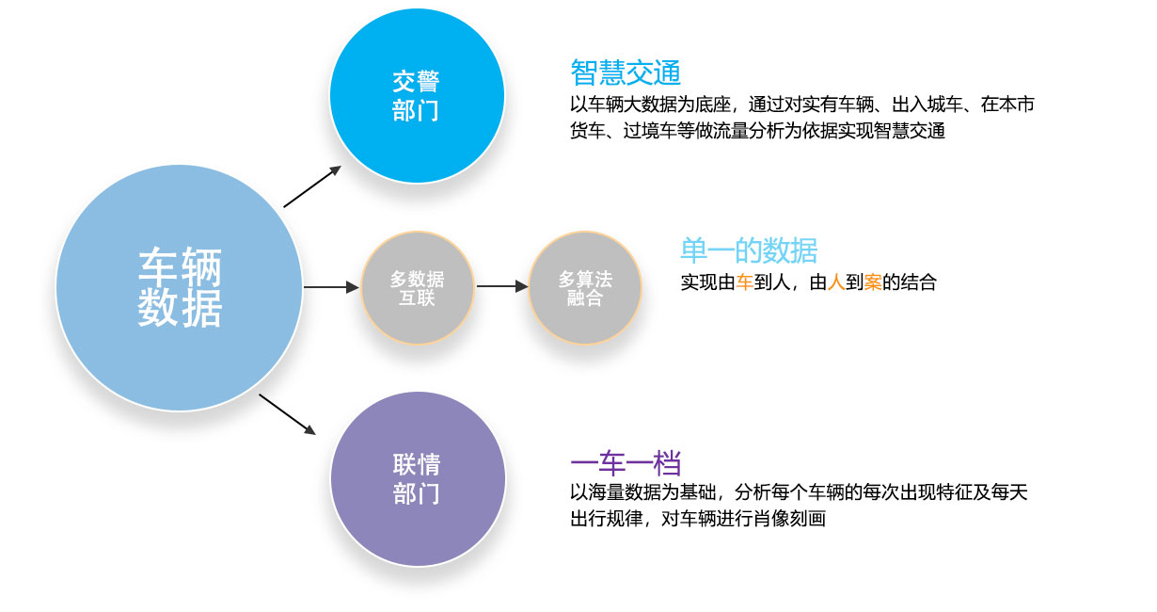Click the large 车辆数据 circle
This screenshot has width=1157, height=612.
tap(180, 288)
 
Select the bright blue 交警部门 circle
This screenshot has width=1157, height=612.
tap(417, 96)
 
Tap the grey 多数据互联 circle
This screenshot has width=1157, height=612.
tap(418, 287)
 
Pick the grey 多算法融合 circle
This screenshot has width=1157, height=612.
tap(585, 287)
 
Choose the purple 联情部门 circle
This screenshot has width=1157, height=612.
tap(418, 478)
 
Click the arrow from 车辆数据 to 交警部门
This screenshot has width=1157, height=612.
tap(312, 186)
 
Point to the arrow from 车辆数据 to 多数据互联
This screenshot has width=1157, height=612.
tap(331, 287)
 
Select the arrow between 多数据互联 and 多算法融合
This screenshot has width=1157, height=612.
tap(502, 286)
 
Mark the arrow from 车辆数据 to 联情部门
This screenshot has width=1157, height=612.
tap(287, 414)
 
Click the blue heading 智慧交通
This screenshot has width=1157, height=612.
tap(626, 72)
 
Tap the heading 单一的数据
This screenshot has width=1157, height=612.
tap(749, 250)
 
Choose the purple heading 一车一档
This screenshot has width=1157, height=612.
tap(626, 462)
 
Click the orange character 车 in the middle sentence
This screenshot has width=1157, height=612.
tap(744, 282)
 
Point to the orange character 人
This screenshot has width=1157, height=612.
tap(835, 282)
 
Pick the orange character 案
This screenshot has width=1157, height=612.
tap(872, 282)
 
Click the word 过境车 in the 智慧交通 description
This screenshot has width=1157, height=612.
tap(650, 130)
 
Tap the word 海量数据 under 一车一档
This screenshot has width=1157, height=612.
tap(624, 492)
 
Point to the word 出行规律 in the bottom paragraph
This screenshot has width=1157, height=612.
tap(606, 518)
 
